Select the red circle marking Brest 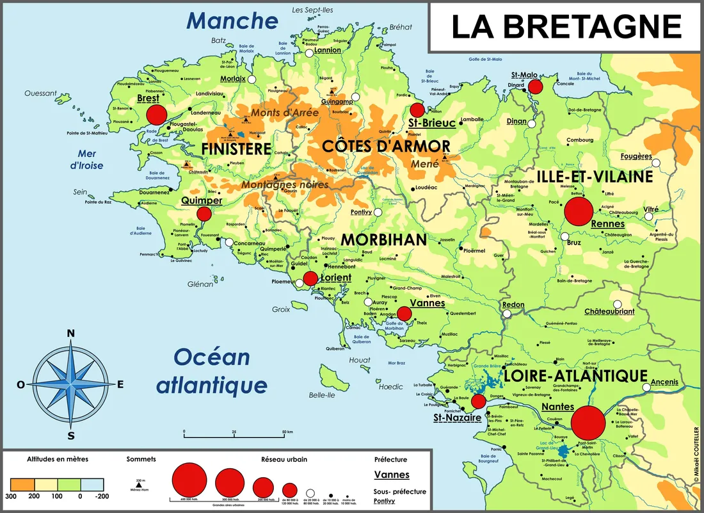[156, 115]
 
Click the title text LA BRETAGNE [566, 27]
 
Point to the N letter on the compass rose [71, 333]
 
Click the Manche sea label [232, 20]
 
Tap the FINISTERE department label [236, 149]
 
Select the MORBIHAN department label [383, 240]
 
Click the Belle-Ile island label [322, 395]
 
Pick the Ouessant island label [41, 93]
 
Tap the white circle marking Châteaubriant [617, 305]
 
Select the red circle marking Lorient [310, 278]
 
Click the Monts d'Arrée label [285, 113]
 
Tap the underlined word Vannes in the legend [391, 475]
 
